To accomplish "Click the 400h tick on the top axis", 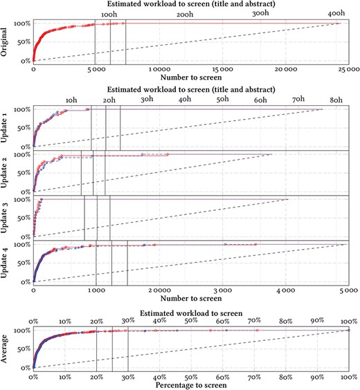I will (336, 14).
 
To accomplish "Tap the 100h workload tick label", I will (109, 14).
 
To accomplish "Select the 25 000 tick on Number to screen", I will (348, 70).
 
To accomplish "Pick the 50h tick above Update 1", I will (223, 100).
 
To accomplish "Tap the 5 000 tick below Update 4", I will (348, 290).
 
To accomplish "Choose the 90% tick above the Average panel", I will (318, 321).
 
